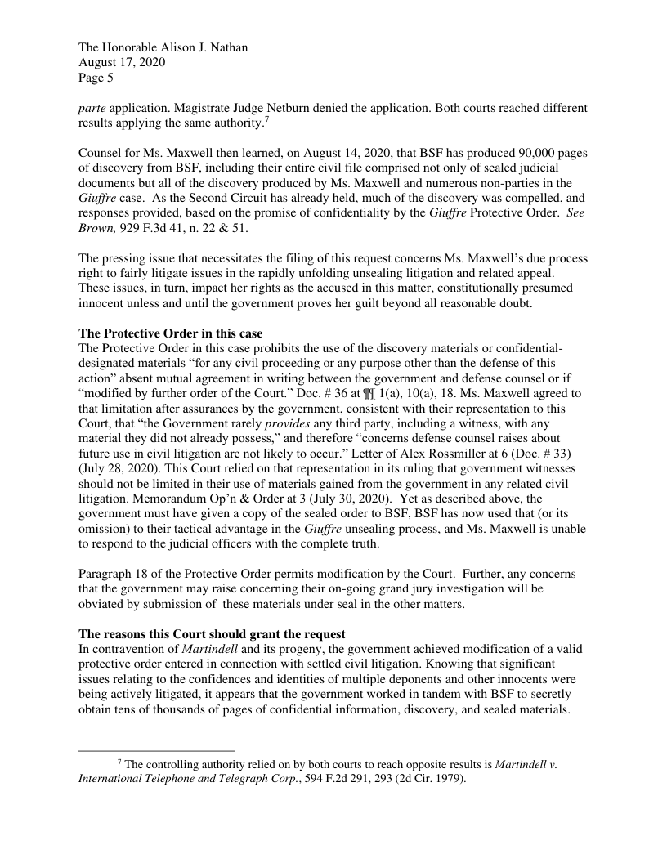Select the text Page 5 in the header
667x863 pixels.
click(x=96, y=79)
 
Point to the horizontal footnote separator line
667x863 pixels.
click(x=156, y=749)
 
